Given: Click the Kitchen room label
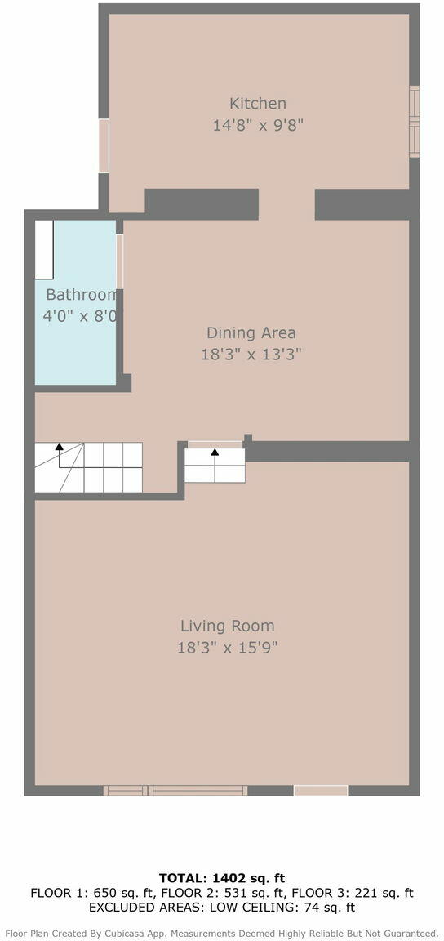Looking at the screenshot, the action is coord(258,103).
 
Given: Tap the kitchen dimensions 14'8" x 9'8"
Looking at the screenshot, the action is coord(258,126).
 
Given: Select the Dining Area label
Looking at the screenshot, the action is coord(251,332).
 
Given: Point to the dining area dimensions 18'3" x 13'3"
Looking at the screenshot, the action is coord(251,354).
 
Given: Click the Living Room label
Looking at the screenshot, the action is coord(228,626).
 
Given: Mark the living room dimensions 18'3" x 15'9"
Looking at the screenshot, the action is coord(228,648).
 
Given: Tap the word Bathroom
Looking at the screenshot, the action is coord(81,295).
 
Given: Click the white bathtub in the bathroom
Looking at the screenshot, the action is coord(44,250).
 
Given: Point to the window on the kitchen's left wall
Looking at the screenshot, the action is coord(104,146).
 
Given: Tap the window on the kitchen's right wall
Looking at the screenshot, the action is coord(414,121).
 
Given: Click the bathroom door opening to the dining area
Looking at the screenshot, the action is coord(119,261).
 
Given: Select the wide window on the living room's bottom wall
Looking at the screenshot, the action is coord(175,791).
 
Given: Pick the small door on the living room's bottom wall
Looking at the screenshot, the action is coord(321,791).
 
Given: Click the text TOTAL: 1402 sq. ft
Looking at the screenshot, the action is coord(222,879).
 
